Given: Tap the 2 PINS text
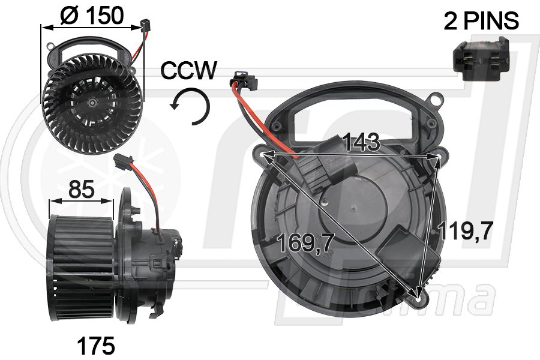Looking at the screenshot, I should (x=481, y=22).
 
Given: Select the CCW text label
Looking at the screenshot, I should (x=188, y=71).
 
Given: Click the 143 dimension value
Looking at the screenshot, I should (x=362, y=142).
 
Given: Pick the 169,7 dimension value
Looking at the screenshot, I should (x=306, y=243).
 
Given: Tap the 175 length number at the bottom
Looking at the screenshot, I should (x=96, y=346).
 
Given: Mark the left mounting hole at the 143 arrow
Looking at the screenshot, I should (x=263, y=155).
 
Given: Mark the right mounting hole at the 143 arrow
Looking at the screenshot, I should (x=441, y=157).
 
